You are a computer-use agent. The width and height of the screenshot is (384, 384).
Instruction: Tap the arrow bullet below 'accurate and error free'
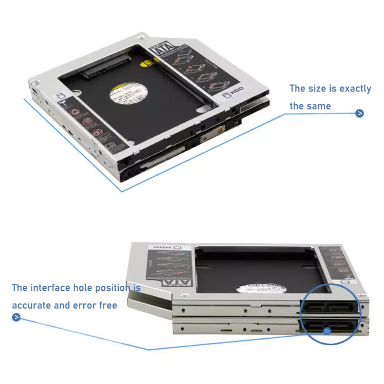tap(16, 317)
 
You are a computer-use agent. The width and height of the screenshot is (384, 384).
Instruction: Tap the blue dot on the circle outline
tap(327, 331)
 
